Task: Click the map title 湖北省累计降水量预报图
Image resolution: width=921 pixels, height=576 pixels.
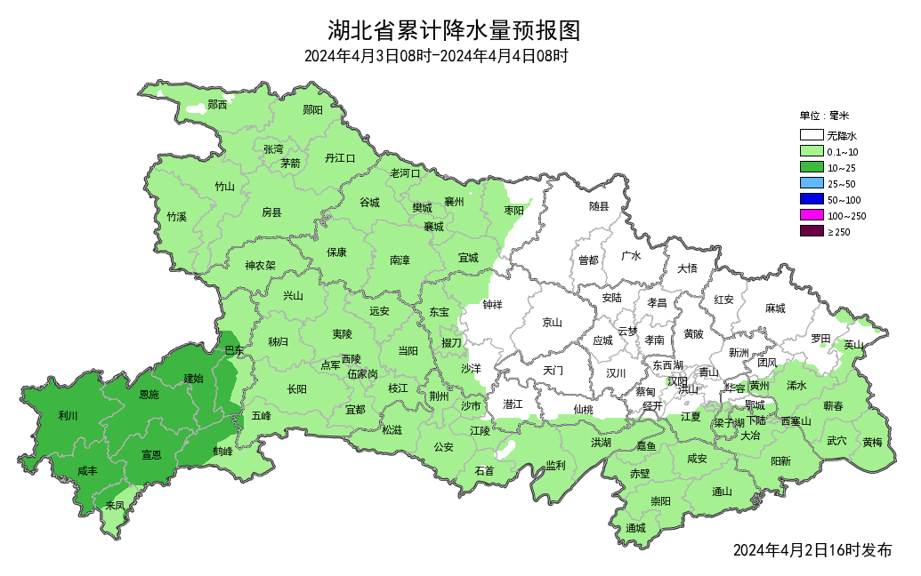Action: pos(453,31)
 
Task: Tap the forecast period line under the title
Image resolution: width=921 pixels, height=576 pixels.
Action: pos(435,56)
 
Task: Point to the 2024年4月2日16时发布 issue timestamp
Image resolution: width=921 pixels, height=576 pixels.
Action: pos(812,550)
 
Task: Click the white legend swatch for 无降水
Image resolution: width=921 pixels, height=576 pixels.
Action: pos(811,136)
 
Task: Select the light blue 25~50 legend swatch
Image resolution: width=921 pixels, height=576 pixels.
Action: pos(811,183)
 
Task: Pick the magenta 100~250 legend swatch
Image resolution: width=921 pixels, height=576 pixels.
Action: pos(811,215)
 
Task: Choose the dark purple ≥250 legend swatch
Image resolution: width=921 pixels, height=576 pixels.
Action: pos(811,231)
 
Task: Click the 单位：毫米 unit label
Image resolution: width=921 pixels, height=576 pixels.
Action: pos(824,116)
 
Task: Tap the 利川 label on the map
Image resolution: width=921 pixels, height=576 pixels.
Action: pos(68,415)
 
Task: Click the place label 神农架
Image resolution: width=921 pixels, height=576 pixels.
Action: pos(261,265)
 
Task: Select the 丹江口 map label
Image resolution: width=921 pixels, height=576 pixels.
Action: pos(339,158)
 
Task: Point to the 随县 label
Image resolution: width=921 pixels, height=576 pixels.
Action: pos(599,206)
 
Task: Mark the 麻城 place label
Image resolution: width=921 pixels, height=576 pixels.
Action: pos(775,308)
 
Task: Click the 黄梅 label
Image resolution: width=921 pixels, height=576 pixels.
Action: pos(872,442)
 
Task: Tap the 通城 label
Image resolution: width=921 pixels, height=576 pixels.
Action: pos(635,528)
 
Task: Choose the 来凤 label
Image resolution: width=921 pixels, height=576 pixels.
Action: pos(115,505)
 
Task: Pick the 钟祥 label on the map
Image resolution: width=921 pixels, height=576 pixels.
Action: pos(492,304)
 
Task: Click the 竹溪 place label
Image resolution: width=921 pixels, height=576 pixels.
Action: pos(176,217)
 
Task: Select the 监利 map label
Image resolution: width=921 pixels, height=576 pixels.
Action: pos(555,465)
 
